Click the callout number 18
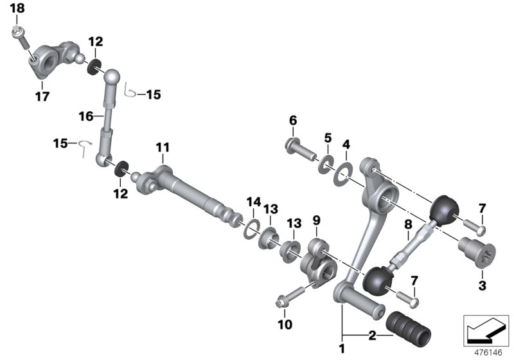18,8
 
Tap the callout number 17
42,98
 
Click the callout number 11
163,148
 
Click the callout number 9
315,220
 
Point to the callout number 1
342,349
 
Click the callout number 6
292,120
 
